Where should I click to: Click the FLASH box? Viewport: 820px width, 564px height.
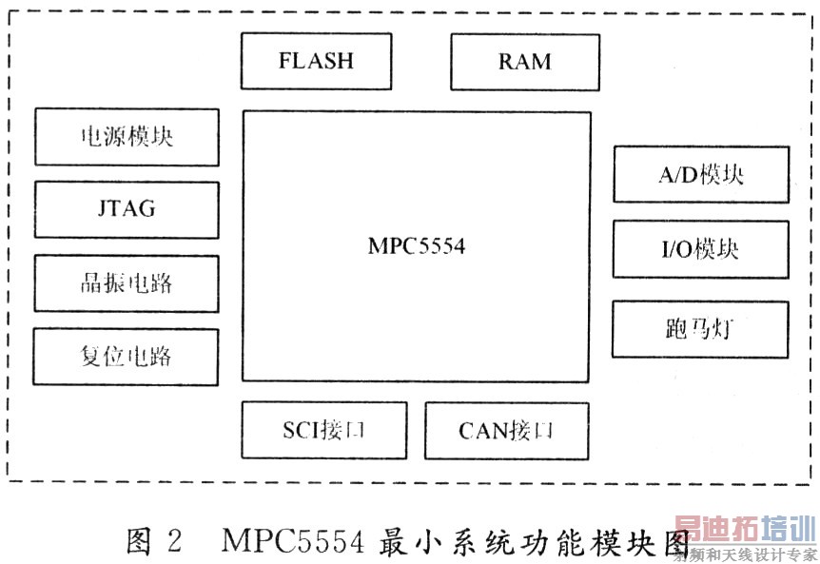[x=316, y=62]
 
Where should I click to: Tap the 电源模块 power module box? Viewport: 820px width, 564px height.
[x=127, y=137]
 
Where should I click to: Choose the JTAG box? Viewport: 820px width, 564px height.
[x=127, y=209]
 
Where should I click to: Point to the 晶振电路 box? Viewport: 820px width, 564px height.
[x=127, y=283]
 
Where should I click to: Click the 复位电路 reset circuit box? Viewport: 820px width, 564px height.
[x=127, y=357]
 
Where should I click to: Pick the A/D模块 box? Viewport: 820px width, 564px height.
[x=700, y=174]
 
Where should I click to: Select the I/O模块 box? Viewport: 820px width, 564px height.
[x=700, y=249]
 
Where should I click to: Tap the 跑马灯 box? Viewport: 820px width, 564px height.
[x=700, y=329]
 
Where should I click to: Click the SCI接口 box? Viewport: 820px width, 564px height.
[x=324, y=431]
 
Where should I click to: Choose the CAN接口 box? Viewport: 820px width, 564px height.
[x=506, y=431]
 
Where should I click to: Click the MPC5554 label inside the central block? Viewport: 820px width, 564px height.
[x=417, y=246]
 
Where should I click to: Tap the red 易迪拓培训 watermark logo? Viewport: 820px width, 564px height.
[x=745, y=529]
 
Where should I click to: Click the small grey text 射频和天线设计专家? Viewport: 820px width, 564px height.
[x=746, y=554]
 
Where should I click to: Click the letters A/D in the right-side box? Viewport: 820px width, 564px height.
[x=677, y=174]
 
